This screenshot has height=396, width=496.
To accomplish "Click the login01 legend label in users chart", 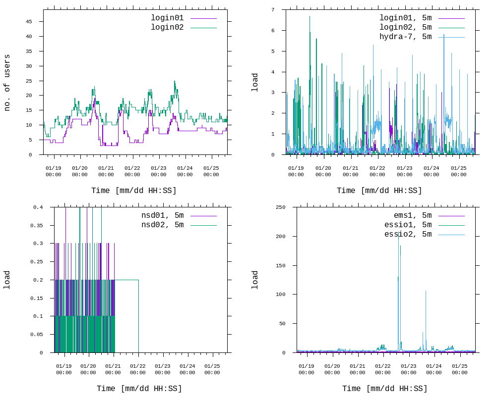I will click(x=167, y=18).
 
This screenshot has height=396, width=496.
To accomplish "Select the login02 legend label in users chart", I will click(x=167, y=27).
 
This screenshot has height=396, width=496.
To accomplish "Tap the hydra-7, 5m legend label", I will click(x=405, y=37).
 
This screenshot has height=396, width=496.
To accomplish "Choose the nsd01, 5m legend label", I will click(x=162, y=215).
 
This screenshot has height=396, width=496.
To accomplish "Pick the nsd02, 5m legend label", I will click(x=162, y=225).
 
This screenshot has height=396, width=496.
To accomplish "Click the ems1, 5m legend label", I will click(x=413, y=215).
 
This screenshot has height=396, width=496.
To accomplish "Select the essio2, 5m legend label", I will click(x=408, y=234).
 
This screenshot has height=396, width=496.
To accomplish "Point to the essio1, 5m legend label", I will click(x=408, y=225).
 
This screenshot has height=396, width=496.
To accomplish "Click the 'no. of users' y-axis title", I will click(x=7, y=83).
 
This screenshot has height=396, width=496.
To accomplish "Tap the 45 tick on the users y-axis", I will click(x=29, y=22).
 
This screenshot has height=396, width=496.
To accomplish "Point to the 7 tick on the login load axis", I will click(x=273, y=10).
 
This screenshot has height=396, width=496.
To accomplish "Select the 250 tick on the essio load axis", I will click(x=280, y=207).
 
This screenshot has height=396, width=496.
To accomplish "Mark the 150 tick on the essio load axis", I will click(x=280, y=265).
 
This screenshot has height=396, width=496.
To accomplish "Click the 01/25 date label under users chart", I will click(x=211, y=171).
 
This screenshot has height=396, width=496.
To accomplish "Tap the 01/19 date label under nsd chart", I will click(x=64, y=369).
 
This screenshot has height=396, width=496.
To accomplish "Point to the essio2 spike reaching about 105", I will click(x=426, y=292).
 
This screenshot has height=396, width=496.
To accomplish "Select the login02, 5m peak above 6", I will click(x=310, y=17).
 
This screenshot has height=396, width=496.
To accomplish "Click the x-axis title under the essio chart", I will click(x=385, y=389).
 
